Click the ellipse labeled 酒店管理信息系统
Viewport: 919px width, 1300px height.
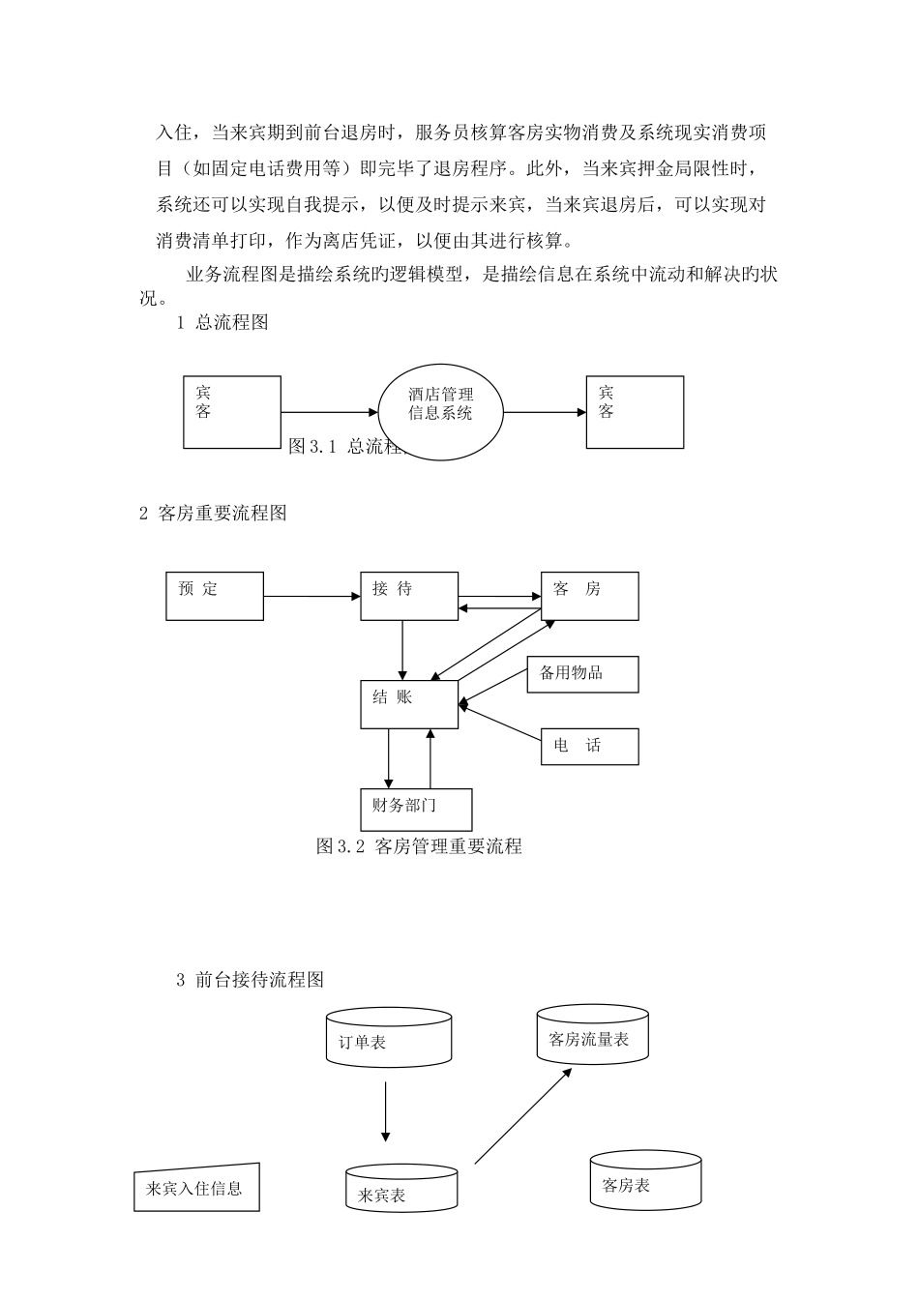(x=440, y=412)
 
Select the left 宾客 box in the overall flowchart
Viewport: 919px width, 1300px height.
(x=232, y=412)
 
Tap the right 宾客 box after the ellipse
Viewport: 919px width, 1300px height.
(x=635, y=412)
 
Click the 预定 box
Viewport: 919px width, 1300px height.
(x=215, y=596)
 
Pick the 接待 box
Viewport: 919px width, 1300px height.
(x=409, y=596)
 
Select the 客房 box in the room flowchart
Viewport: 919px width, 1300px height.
(x=589, y=596)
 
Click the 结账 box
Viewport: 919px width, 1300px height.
(x=409, y=704)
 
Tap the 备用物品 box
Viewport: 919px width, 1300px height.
(x=582, y=674)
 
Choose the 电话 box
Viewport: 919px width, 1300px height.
(x=589, y=746)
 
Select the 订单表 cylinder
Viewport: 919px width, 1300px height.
(x=389, y=1038)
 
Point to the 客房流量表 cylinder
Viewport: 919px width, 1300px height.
(x=592, y=1035)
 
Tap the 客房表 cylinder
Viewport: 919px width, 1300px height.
(x=645, y=1180)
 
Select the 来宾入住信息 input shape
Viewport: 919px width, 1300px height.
(x=196, y=1188)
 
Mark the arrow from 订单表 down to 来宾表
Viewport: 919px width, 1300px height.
(x=385, y=1112)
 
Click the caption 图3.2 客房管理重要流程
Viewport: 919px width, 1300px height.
(x=419, y=846)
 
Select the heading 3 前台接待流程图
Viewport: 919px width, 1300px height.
(x=250, y=980)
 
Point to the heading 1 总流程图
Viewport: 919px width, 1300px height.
(x=222, y=323)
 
